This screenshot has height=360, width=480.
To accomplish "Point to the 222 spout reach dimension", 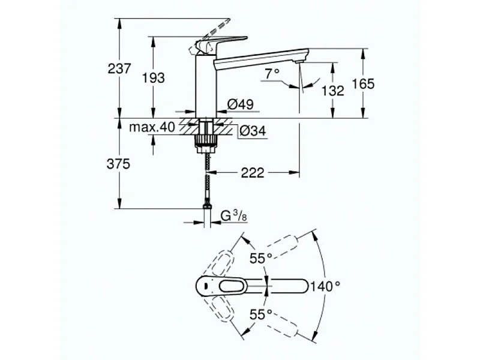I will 253,173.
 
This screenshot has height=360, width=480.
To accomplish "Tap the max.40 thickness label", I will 152,127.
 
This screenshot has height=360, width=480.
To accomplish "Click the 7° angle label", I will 272,73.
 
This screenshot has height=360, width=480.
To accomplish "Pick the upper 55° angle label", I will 261,259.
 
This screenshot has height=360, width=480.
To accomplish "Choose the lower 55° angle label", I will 261,314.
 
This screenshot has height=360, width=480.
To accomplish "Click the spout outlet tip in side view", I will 299,61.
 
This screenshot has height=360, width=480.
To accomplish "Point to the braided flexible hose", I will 207,177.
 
